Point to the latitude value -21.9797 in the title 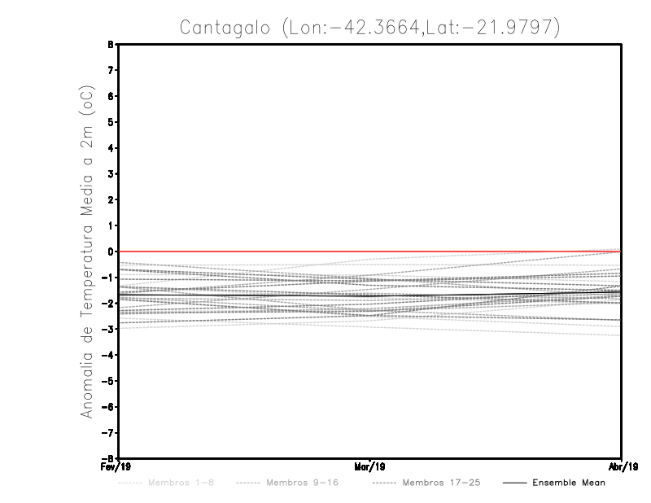point(507,28)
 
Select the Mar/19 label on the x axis point(369,467)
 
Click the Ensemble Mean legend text point(568,483)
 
